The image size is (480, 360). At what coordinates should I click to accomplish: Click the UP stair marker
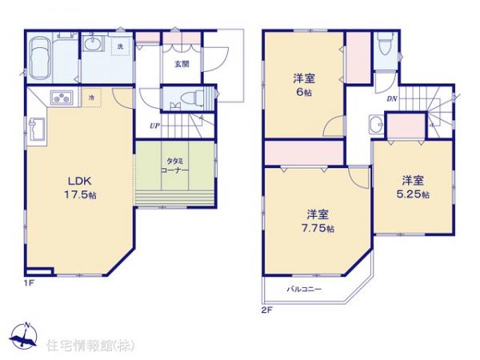152,124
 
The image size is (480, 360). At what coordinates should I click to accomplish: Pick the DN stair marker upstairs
392,99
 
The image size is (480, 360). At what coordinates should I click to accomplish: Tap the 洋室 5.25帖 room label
413,186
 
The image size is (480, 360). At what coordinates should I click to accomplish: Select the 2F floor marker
266,309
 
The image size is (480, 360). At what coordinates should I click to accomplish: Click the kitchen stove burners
61,98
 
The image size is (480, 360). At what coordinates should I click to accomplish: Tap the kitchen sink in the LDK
37,130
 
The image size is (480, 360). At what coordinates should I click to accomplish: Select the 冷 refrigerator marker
91,98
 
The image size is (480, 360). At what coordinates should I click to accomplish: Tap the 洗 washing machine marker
120,46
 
